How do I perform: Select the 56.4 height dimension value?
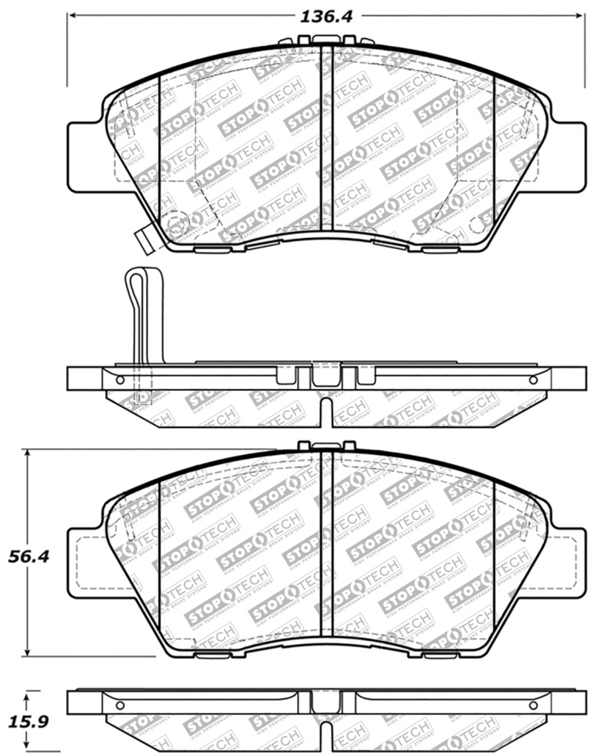tap(29, 555)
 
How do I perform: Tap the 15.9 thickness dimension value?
tap(29, 720)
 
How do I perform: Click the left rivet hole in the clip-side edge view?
tap(120, 379)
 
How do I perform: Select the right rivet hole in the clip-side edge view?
tap(532, 379)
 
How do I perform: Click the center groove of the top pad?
tap(326, 141)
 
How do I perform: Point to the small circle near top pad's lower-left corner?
tap(175, 224)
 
